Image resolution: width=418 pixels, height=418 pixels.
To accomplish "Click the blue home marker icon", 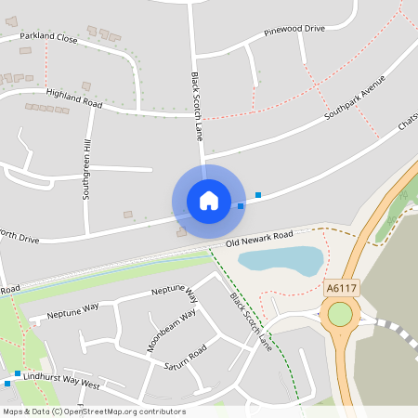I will tap(208, 201).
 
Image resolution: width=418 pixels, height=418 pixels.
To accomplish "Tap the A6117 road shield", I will tap(342, 289).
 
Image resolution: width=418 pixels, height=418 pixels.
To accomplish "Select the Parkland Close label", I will tap(48, 38).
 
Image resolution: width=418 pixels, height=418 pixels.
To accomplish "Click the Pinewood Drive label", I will tap(294, 29).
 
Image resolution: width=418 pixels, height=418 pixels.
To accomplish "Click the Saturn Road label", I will tap(186, 357).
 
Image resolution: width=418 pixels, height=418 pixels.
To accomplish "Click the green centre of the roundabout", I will tap(340, 315).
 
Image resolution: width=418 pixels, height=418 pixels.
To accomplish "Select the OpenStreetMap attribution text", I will tap(94, 411).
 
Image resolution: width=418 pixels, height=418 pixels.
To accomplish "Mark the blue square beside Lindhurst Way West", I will tap(7, 383).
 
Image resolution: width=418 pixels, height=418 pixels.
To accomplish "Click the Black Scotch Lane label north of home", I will tap(197, 106).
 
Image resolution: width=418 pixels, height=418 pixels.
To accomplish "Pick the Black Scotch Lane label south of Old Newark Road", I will tap(251, 321).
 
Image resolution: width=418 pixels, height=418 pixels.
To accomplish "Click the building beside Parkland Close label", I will tap(91, 31).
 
